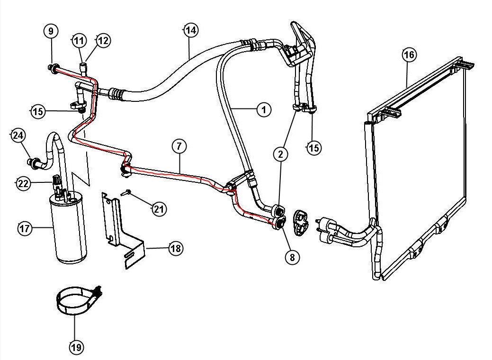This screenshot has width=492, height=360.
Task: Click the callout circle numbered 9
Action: (51, 32)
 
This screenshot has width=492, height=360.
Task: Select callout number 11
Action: (79, 40)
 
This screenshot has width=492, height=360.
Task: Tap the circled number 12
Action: (103, 41)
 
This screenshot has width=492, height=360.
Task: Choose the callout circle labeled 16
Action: (409, 55)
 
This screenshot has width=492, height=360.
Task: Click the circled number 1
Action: (264, 110)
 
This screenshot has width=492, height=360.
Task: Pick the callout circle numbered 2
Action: (280, 154)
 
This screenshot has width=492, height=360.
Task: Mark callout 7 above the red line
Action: (179, 146)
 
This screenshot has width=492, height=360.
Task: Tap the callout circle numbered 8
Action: (292, 257)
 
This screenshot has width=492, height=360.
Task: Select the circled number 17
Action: (25, 229)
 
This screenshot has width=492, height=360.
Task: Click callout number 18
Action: (176, 248)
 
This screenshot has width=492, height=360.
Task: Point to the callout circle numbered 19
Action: (76, 347)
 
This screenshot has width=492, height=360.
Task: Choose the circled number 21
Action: (159, 208)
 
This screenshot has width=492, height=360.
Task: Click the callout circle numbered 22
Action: (24, 183)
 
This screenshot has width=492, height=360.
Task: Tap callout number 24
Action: (18, 136)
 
